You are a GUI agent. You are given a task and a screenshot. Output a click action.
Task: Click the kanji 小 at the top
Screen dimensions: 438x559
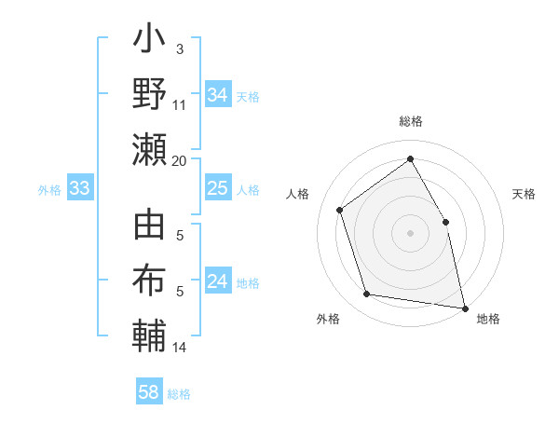(x=149, y=43)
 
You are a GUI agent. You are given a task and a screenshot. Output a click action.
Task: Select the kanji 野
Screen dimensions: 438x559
(x=149, y=95)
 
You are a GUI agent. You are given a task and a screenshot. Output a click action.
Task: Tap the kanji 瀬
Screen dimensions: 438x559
(x=149, y=149)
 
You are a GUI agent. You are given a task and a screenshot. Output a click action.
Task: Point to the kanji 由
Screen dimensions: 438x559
(x=149, y=228)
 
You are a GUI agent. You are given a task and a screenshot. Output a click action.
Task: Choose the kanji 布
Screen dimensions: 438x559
(x=149, y=281)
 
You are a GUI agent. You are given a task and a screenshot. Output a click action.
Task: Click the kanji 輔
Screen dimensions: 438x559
(x=149, y=335)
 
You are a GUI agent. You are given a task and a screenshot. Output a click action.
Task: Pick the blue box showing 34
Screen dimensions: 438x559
(x=217, y=95)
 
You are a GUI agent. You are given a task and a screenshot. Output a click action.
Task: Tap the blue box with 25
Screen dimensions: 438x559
(x=217, y=189)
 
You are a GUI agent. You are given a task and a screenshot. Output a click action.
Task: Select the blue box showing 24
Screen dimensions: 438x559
(x=217, y=282)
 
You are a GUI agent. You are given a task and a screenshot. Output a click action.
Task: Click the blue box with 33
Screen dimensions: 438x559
(x=79, y=189)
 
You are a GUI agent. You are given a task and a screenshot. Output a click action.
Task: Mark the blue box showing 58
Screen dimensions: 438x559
(x=149, y=392)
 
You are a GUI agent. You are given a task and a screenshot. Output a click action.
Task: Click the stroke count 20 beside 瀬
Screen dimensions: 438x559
(x=180, y=160)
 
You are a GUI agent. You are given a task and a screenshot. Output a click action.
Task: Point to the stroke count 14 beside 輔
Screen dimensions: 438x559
(x=180, y=348)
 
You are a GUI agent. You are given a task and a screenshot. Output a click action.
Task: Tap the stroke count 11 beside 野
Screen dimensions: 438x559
(x=180, y=104)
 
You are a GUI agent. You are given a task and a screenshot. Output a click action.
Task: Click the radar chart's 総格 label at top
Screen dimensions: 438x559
(x=410, y=121)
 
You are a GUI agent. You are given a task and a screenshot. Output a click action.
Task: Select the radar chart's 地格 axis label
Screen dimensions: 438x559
(x=488, y=320)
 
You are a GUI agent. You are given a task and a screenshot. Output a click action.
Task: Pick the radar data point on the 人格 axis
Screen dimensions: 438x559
(x=340, y=210)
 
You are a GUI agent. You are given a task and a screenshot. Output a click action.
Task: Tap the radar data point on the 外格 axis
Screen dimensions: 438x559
(x=367, y=294)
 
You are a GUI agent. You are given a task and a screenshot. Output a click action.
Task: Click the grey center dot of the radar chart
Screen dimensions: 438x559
(x=410, y=232)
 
